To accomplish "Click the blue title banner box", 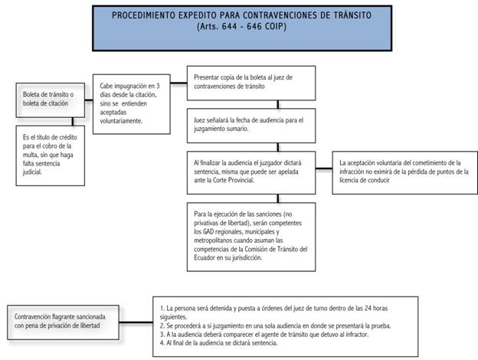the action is click(x=242, y=28).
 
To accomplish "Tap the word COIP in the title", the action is click(x=275, y=27).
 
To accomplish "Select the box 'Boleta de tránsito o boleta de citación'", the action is click(x=51, y=100).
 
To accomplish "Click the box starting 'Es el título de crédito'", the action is click(x=51, y=155).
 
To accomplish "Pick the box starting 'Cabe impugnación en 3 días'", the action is click(x=132, y=104).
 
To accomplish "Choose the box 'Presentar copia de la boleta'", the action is click(x=251, y=83).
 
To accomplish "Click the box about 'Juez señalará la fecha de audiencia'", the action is click(x=251, y=126).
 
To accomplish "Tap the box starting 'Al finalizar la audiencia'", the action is click(x=251, y=172).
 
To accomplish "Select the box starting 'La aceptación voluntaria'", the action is click(x=404, y=172).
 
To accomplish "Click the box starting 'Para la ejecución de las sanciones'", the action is click(x=251, y=237).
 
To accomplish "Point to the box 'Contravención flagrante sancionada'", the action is click(x=63, y=322).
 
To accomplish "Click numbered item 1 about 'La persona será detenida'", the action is click(x=273, y=313).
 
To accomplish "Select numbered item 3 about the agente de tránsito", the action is click(x=264, y=335).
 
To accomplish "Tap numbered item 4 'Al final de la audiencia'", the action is click(x=218, y=343).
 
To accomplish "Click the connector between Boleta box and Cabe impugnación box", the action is click(x=89, y=100).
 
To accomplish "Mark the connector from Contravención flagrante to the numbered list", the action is click(x=136, y=322).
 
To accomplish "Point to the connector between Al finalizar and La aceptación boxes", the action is click(x=324, y=169).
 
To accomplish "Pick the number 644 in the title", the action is click(x=229, y=27).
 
